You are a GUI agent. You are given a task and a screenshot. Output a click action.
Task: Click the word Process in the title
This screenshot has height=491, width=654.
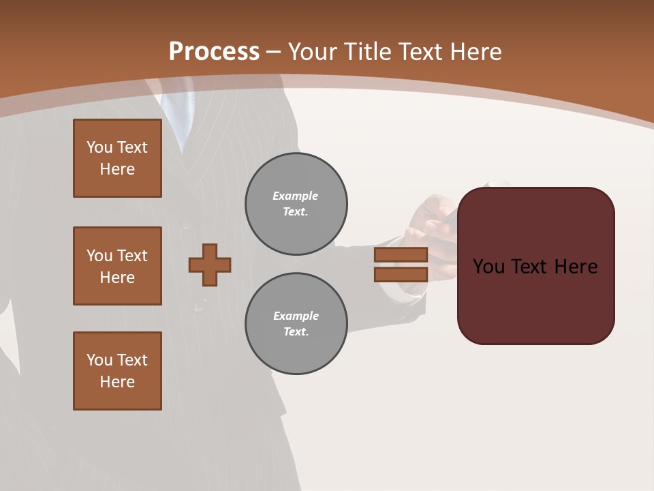(x=214, y=52)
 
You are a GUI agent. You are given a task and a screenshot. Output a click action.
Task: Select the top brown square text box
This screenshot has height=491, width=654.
(x=117, y=158)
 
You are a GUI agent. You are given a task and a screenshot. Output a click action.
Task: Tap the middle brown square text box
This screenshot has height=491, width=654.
(x=117, y=266)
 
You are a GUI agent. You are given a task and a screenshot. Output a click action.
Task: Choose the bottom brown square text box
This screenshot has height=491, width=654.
(x=117, y=371)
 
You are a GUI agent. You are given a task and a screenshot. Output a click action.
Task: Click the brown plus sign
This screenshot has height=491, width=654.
(x=210, y=265)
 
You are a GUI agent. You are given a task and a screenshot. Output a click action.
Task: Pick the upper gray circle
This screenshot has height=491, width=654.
(x=296, y=203)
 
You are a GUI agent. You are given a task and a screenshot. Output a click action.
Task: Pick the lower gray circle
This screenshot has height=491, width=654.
(x=296, y=323)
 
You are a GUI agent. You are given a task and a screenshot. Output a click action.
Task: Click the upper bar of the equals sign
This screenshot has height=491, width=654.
(x=401, y=254)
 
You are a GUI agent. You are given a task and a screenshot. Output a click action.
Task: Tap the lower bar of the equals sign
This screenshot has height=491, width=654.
(x=401, y=274)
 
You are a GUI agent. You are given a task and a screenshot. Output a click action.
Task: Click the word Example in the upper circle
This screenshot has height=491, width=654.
(x=295, y=196)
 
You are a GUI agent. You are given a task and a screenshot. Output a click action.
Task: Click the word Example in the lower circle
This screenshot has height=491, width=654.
(x=296, y=316)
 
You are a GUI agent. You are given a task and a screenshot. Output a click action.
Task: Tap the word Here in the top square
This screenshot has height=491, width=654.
(x=117, y=169)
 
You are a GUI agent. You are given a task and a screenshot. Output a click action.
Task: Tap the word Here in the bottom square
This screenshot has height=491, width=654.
(x=117, y=382)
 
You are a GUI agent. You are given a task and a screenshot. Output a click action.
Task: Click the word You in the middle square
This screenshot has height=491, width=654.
(x=99, y=256)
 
